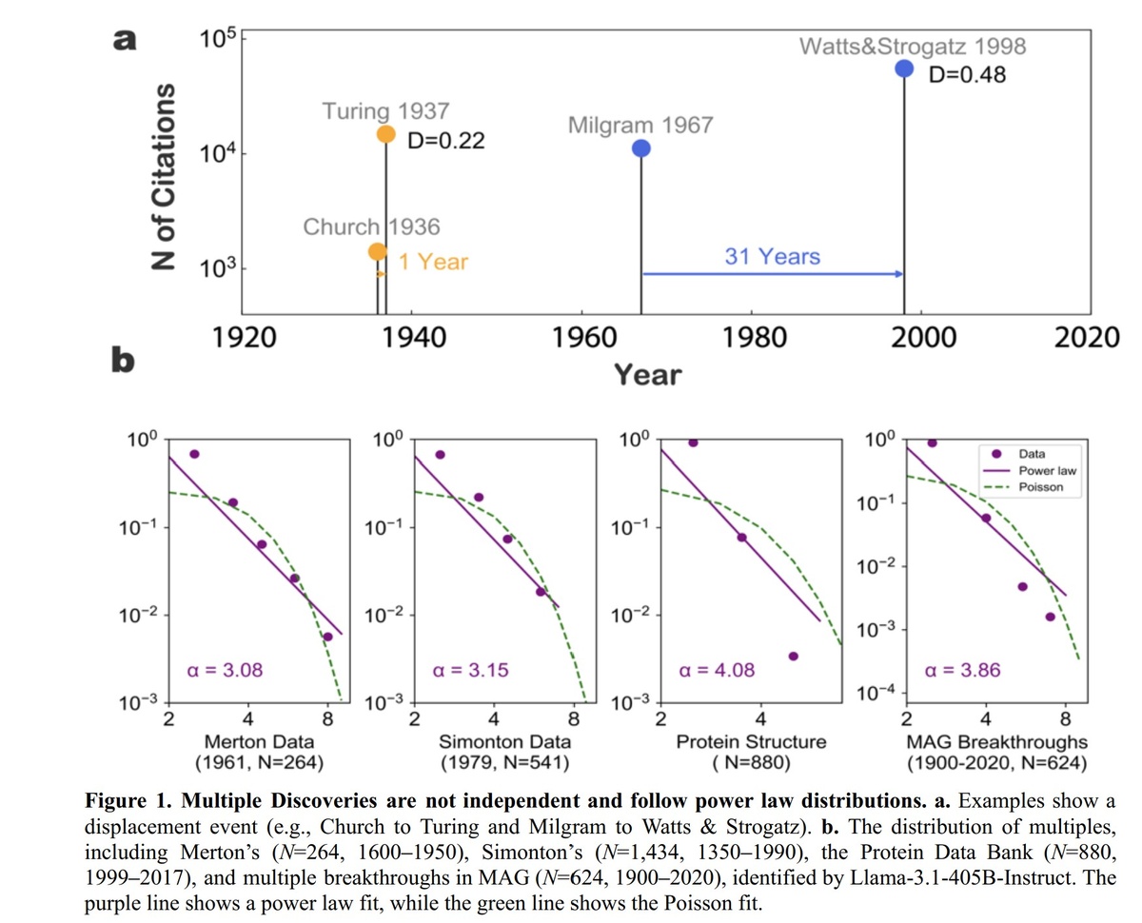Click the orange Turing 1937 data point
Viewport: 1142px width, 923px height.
click(385, 134)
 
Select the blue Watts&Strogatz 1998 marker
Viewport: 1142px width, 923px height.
click(904, 69)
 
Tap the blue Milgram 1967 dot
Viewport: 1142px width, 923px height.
click(641, 148)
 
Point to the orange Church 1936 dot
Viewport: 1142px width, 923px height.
click(378, 251)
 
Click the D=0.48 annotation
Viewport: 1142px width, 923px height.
click(966, 75)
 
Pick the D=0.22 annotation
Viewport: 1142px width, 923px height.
click(445, 141)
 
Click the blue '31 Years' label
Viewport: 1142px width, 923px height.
click(772, 256)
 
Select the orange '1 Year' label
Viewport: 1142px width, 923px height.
click(433, 261)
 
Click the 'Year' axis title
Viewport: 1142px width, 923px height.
click(647, 374)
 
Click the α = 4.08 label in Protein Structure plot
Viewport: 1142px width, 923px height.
click(717, 670)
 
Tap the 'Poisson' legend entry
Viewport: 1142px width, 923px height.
click(1040, 487)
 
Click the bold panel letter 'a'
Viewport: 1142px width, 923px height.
click(125, 40)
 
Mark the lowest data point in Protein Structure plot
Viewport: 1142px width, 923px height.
click(793, 656)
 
